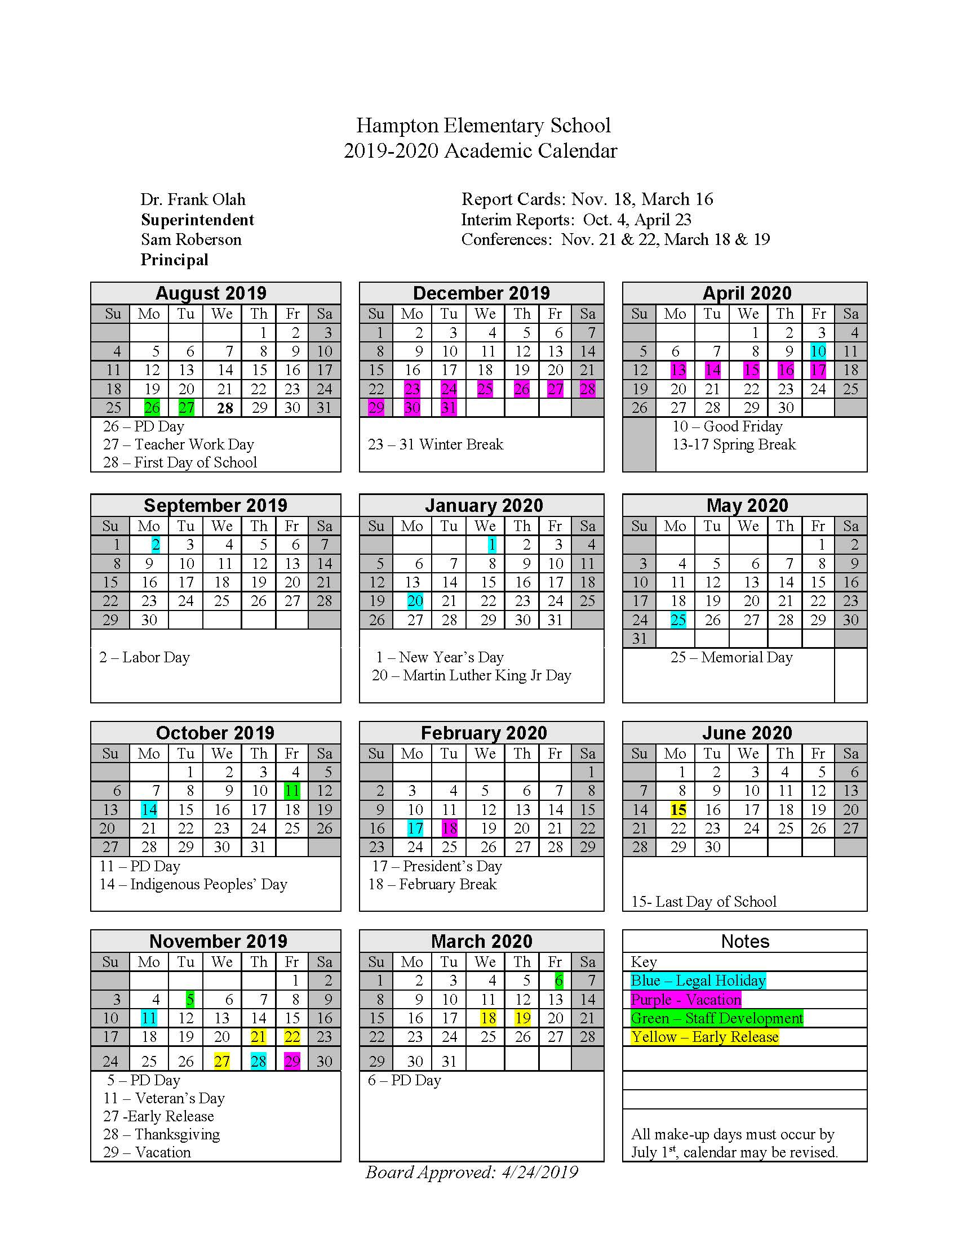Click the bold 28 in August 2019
coord(225,408)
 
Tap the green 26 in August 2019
coord(152,408)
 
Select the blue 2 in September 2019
coord(156,545)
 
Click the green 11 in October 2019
coord(292,791)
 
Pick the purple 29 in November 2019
coord(292,1061)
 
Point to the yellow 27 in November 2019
coord(221,1061)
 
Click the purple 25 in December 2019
coord(485,389)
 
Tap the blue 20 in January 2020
coord(415,601)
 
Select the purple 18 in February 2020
coord(449,828)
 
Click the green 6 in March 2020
coord(558,980)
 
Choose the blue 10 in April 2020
coord(818,351)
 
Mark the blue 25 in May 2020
coord(677,620)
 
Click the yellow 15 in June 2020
coord(677,809)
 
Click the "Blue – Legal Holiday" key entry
coord(698,980)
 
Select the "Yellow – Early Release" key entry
coord(704,1036)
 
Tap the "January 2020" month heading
coord(484,505)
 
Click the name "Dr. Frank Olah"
coord(193,200)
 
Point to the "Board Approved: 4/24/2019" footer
coord(471,1172)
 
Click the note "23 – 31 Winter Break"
coord(435,444)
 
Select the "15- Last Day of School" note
coord(703,902)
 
